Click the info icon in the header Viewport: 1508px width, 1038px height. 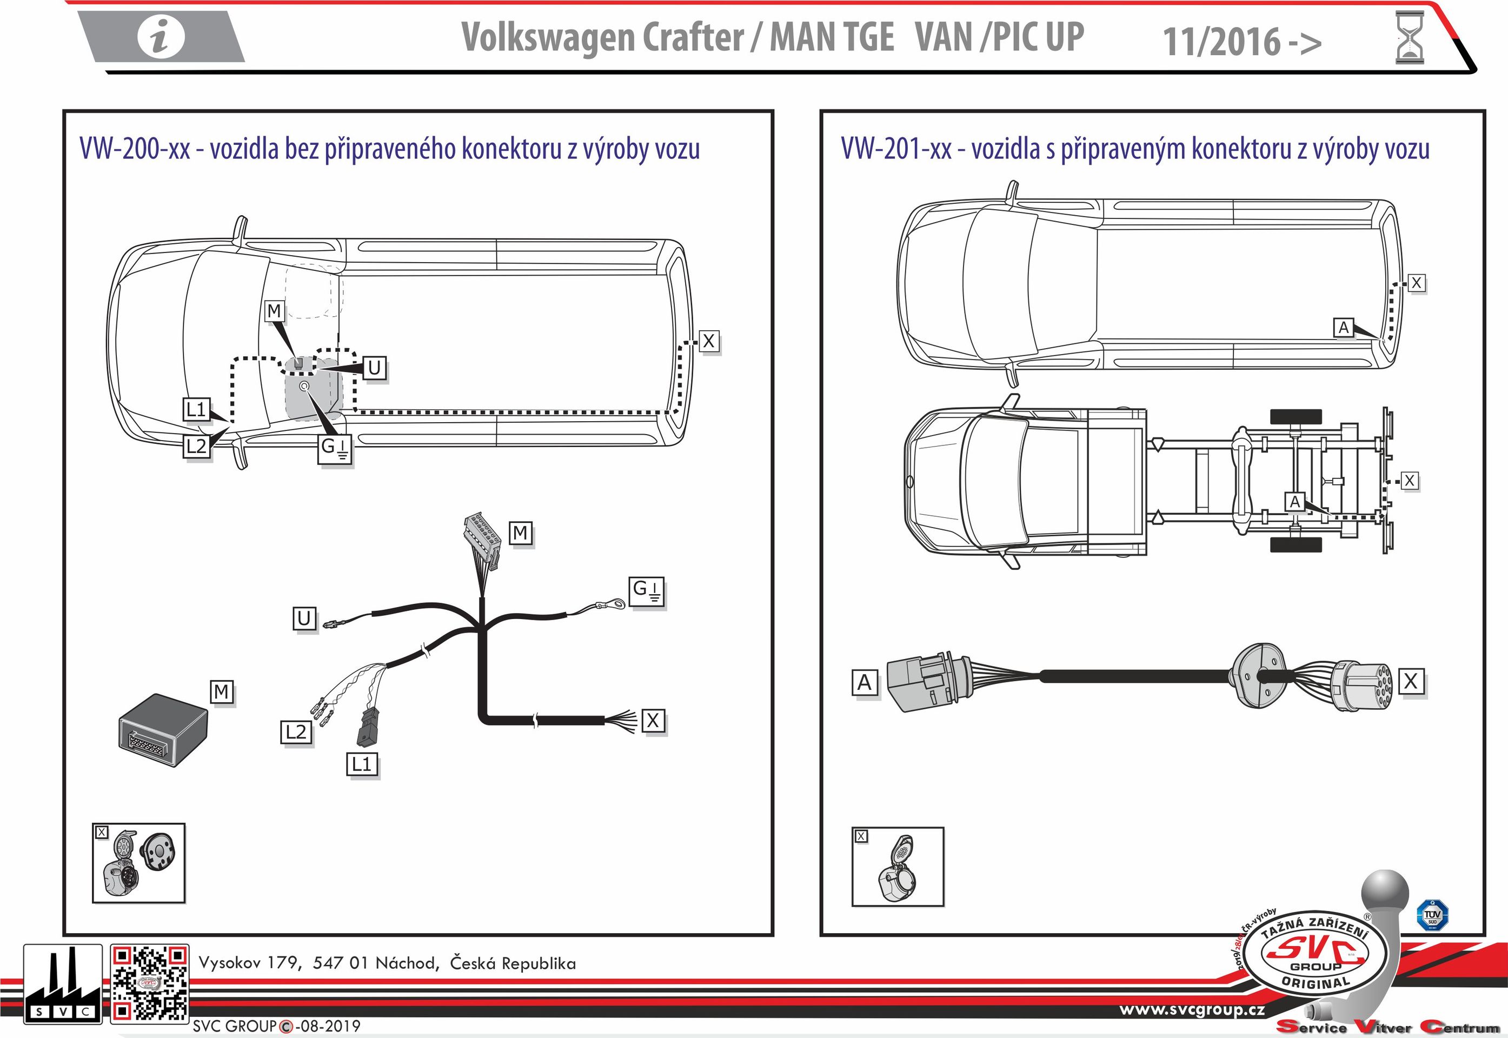click(161, 36)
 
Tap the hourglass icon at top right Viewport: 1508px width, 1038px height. click(1409, 38)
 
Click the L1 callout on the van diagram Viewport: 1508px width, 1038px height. click(195, 410)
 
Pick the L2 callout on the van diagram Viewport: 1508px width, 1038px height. click(196, 446)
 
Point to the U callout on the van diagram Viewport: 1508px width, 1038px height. click(374, 368)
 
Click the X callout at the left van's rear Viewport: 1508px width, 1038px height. click(709, 341)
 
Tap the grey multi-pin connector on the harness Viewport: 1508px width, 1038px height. click(482, 539)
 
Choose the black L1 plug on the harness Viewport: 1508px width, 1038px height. click(365, 727)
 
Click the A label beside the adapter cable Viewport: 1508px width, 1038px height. click(864, 683)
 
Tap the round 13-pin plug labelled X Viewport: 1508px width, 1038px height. click(1360, 687)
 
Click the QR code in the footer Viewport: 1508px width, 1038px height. click(150, 983)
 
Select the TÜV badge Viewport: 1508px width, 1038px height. click(1432, 915)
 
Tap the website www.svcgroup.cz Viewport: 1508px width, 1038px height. click(1191, 1010)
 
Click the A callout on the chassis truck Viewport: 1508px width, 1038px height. click(1295, 502)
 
